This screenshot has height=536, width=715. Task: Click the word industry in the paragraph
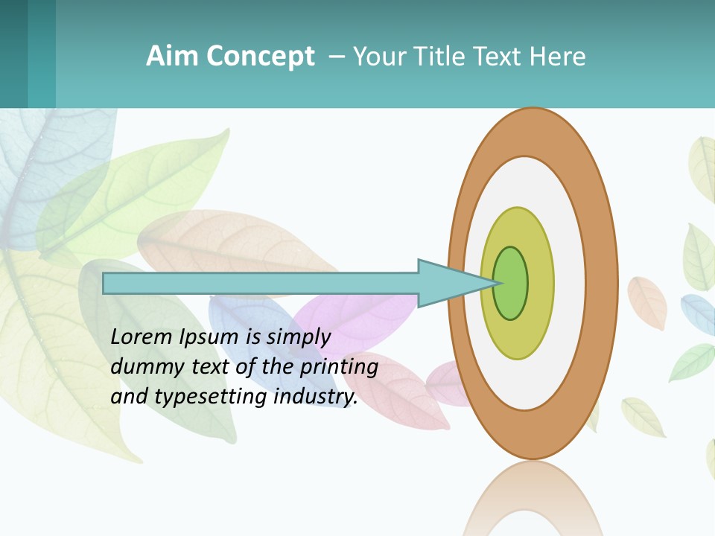(x=316, y=397)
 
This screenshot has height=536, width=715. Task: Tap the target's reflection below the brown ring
(x=533, y=499)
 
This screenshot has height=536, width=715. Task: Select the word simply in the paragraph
(x=298, y=337)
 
